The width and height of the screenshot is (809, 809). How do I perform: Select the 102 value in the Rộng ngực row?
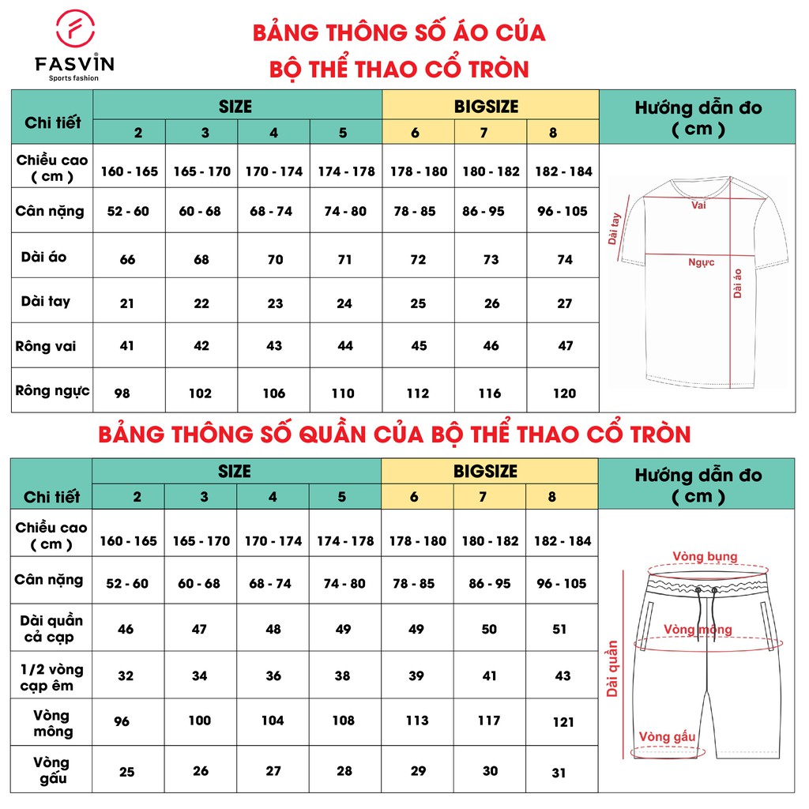click(201, 393)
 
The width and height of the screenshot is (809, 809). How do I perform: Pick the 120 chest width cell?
click(564, 393)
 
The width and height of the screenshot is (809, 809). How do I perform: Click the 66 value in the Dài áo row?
click(127, 259)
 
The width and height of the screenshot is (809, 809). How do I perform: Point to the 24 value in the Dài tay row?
click(344, 303)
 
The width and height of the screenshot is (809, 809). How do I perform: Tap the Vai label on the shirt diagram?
click(698, 205)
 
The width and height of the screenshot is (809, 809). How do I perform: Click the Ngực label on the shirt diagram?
click(701, 262)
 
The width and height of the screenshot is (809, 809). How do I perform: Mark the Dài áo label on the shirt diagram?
click(738, 283)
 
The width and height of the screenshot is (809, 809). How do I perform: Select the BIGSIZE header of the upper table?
click(490, 106)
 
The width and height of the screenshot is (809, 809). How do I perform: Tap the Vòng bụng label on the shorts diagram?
click(706, 556)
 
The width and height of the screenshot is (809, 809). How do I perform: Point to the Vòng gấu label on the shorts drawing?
click(668, 737)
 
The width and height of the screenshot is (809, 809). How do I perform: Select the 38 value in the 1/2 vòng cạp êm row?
click(344, 676)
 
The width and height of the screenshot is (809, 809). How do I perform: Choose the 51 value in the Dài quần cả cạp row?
click(559, 630)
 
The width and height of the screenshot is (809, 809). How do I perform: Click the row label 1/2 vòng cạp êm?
click(51, 677)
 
